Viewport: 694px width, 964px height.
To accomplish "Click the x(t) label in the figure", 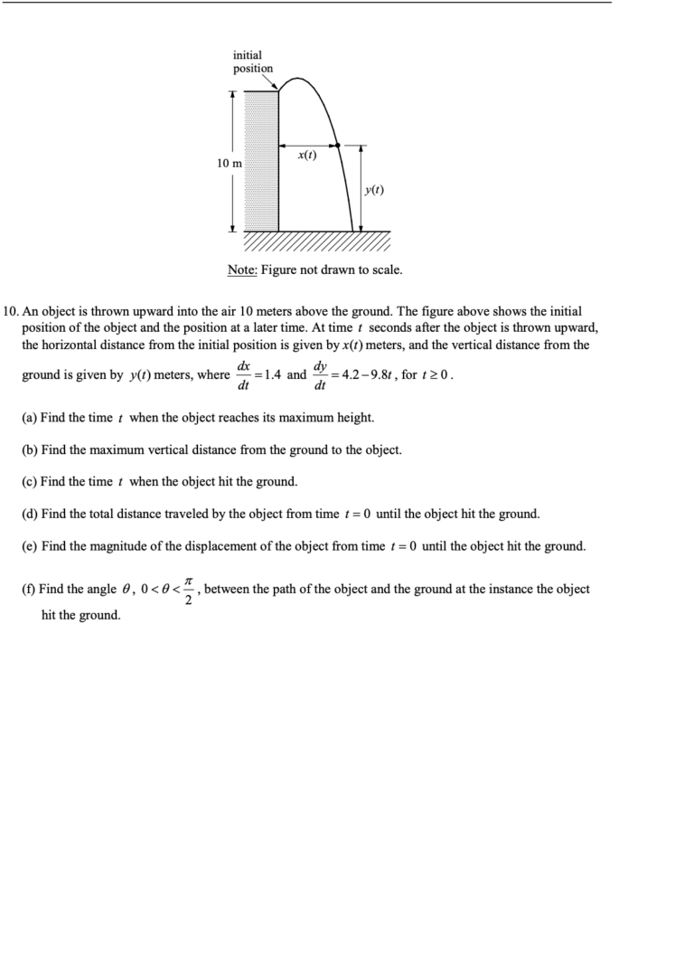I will point(307,155).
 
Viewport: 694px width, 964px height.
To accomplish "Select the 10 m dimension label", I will point(230,163).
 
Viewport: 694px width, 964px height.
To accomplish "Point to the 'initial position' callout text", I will point(252,61).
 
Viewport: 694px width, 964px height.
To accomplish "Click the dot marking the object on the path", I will point(336,145).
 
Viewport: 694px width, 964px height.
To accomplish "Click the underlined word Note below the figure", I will point(242,269).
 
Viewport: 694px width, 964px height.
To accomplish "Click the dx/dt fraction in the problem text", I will point(243,375).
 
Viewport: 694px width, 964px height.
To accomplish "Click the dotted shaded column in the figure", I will point(262,160).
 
